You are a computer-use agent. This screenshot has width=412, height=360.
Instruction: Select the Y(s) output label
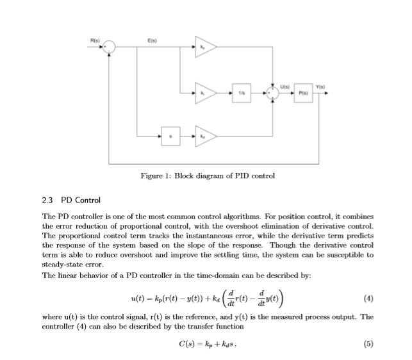point(318,85)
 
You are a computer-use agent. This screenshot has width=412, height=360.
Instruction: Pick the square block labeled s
point(170,136)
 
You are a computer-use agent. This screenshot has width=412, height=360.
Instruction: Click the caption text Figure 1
point(155,176)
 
